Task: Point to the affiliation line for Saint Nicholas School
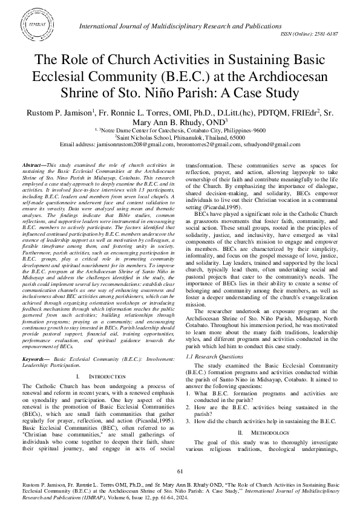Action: click(x=180, y=137)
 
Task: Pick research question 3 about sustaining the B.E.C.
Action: click(x=264, y=421)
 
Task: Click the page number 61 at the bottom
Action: click(x=180, y=471)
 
